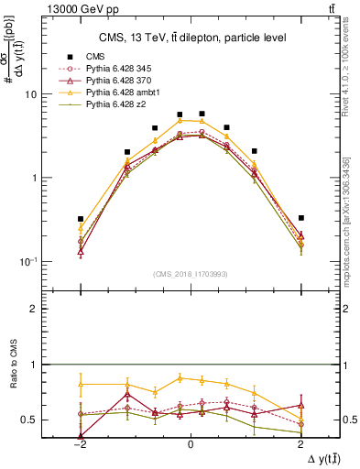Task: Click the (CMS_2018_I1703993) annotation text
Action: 191,273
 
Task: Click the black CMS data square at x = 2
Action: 300,218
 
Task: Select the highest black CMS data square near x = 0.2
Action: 202,114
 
